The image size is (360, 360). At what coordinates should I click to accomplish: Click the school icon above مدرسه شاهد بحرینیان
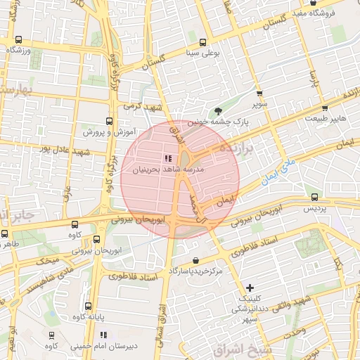click(x=167, y=158)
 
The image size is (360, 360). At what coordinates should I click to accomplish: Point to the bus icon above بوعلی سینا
click(x=203, y=42)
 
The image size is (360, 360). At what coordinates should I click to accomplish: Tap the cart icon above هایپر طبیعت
click(x=325, y=108)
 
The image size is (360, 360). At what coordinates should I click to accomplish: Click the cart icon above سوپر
click(x=260, y=94)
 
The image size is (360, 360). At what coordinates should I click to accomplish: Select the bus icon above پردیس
click(x=314, y=198)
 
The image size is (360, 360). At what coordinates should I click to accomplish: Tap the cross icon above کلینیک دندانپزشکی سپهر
click(x=250, y=288)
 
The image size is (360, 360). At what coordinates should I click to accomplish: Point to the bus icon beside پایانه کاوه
click(x=88, y=306)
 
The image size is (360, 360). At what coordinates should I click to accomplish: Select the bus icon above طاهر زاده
click(x=6, y=233)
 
